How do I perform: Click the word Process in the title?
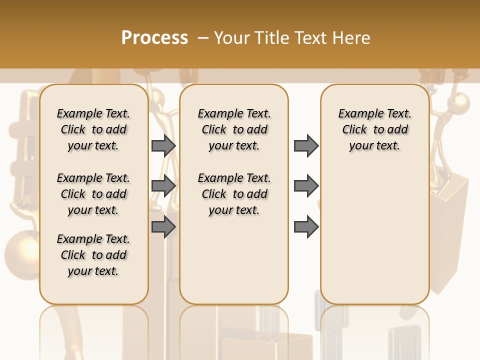[x=154, y=38]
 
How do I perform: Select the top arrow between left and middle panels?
[x=163, y=145]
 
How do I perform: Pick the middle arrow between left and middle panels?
[x=163, y=185]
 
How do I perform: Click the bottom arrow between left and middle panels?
[x=163, y=226]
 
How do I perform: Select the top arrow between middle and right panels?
[x=306, y=145]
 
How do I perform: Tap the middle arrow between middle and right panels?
[x=306, y=185]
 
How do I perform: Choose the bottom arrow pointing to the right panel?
[x=306, y=226]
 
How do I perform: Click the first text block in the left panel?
[x=93, y=129]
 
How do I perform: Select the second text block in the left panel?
[x=93, y=194]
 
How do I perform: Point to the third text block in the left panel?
[x=93, y=255]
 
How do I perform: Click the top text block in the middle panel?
[x=234, y=129]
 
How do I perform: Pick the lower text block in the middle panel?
[x=234, y=194]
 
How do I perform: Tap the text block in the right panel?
[x=374, y=129]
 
